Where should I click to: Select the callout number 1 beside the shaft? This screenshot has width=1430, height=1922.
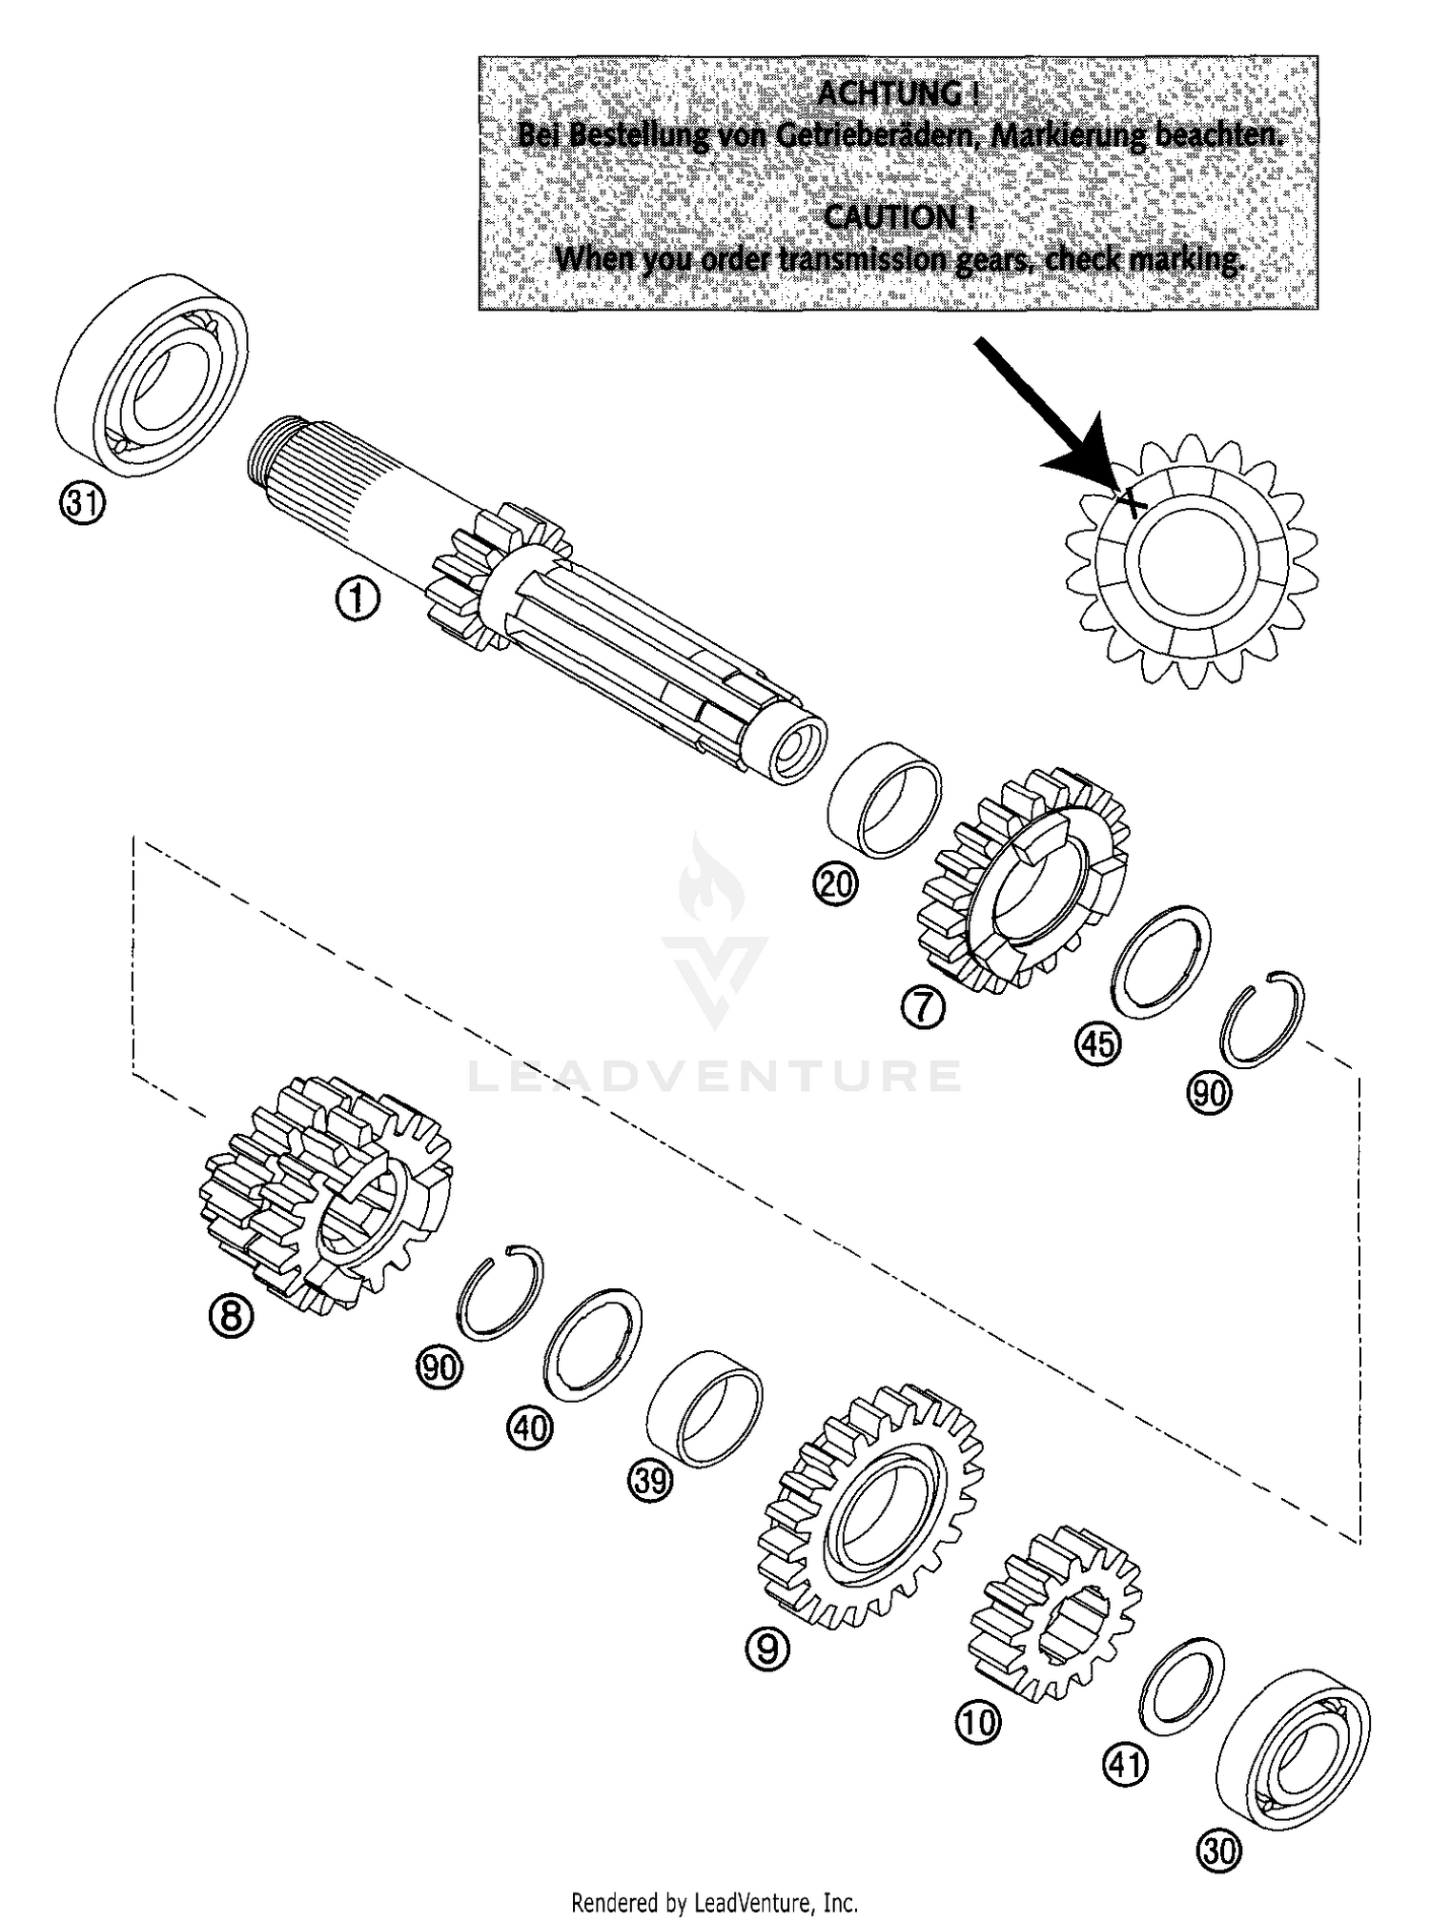pos(357,601)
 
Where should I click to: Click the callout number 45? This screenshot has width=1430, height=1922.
pos(1096,1043)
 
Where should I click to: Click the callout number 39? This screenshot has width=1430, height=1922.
pos(650,1482)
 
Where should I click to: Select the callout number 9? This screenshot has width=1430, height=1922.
pos(767,1649)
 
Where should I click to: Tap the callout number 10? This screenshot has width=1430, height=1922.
pos(978,1722)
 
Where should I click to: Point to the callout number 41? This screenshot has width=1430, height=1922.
pos(1126,1766)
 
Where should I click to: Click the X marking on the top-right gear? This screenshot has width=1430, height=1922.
pos(1131,501)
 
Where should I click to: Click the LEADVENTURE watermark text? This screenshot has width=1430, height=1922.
pos(715,1077)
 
